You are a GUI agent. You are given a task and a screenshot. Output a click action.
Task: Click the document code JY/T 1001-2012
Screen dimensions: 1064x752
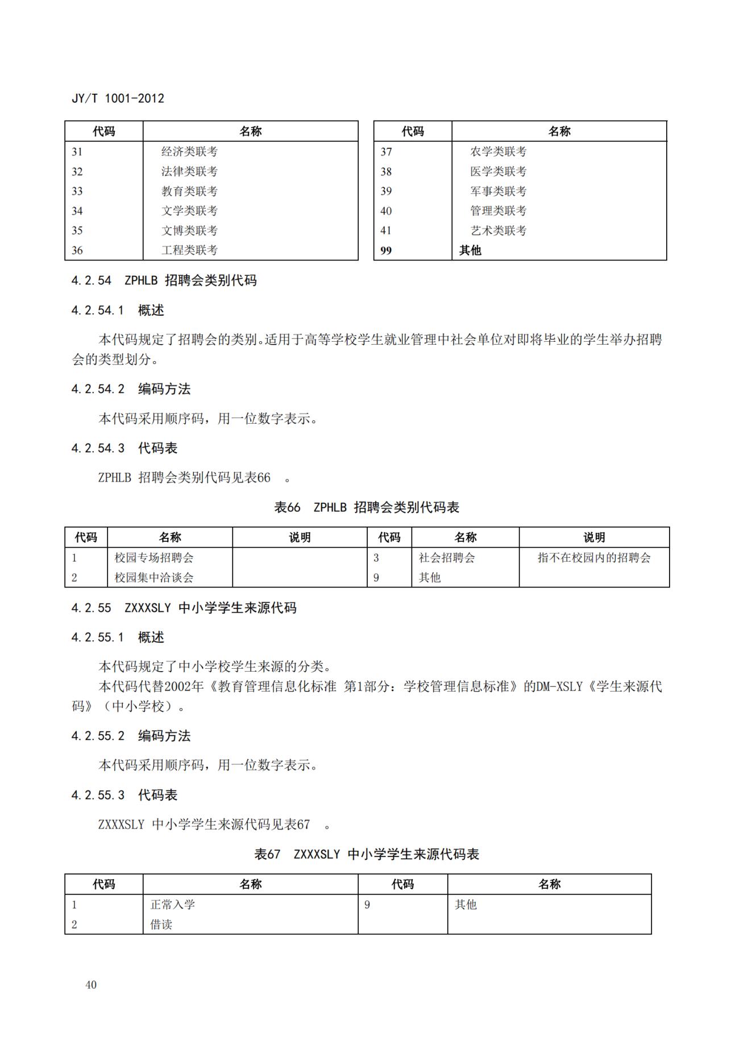(x=118, y=98)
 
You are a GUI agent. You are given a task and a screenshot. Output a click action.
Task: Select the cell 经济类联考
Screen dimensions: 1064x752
(x=189, y=152)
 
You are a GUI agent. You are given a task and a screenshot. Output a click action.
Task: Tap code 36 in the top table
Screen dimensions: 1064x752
(x=77, y=250)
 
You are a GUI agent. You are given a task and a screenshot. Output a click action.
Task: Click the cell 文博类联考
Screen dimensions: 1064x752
(x=189, y=230)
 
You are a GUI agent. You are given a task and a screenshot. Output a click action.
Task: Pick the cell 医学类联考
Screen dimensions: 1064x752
(x=498, y=171)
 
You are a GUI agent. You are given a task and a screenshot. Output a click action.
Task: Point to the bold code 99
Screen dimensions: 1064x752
(x=386, y=251)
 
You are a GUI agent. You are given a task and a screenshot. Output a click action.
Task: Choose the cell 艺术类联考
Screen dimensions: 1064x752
(x=498, y=230)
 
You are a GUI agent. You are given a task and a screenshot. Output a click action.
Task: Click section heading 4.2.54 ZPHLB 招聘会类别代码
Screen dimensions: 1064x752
(x=164, y=280)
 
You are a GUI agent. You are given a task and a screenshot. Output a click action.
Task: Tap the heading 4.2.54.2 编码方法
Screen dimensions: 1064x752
(x=131, y=389)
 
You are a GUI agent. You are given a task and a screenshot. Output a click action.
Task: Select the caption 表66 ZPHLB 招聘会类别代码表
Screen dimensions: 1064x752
(x=367, y=507)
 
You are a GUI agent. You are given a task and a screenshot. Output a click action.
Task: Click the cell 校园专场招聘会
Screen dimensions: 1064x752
(x=154, y=558)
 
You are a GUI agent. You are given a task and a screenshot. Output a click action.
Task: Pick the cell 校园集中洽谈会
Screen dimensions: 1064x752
(x=154, y=578)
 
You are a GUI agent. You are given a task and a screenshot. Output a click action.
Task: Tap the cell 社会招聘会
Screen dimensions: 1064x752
(x=447, y=558)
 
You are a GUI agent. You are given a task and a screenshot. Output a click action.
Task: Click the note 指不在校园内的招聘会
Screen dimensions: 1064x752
(x=594, y=558)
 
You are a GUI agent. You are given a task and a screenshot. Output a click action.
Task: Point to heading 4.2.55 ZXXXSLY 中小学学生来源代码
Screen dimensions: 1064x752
(x=184, y=608)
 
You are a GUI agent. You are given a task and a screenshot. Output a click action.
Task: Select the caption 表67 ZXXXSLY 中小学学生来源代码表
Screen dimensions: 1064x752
(x=367, y=854)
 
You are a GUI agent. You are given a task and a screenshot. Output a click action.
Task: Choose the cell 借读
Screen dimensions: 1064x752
(x=161, y=925)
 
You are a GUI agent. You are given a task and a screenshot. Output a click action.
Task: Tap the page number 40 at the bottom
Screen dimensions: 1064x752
(x=91, y=985)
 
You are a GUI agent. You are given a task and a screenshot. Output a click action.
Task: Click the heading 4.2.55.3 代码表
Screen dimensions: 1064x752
(x=124, y=795)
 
